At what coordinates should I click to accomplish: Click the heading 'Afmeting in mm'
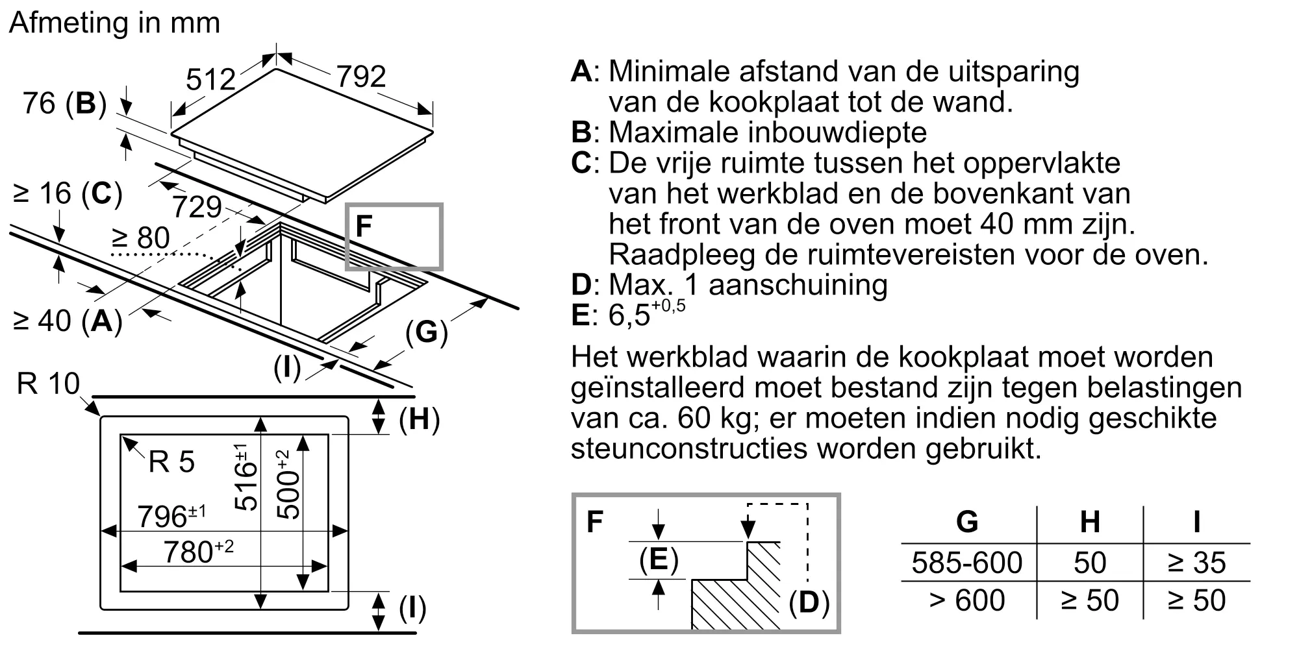pyautogui.click(x=115, y=23)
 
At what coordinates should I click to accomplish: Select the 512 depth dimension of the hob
pyautogui.click(x=210, y=80)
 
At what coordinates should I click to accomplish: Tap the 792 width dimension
pyautogui.click(x=361, y=77)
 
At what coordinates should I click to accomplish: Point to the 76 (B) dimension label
pyautogui.click(x=64, y=103)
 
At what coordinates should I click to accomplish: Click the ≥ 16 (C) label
pyautogui.click(x=68, y=193)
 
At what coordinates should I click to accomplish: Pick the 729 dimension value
pyautogui.click(x=197, y=207)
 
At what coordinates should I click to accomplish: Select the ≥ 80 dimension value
pyautogui.click(x=141, y=238)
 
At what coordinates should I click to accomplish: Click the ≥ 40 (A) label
pyautogui.click(x=68, y=320)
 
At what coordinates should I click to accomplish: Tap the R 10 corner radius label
pyautogui.click(x=48, y=384)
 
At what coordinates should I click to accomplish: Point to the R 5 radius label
pyautogui.click(x=171, y=462)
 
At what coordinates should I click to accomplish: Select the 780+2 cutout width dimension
pyautogui.click(x=198, y=552)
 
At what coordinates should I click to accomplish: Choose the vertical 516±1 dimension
pyautogui.click(x=246, y=477)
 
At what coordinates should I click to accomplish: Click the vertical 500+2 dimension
pyautogui.click(x=288, y=484)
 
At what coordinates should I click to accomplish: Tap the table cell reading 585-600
pyautogui.click(x=966, y=563)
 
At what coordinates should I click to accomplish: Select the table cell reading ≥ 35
pyautogui.click(x=1196, y=563)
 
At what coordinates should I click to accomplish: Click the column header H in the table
pyautogui.click(x=1089, y=522)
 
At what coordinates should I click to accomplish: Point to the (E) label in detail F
pyautogui.click(x=659, y=559)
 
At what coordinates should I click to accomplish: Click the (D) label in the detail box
pyautogui.click(x=809, y=603)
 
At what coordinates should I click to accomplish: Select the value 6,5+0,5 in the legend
pyautogui.click(x=646, y=314)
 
